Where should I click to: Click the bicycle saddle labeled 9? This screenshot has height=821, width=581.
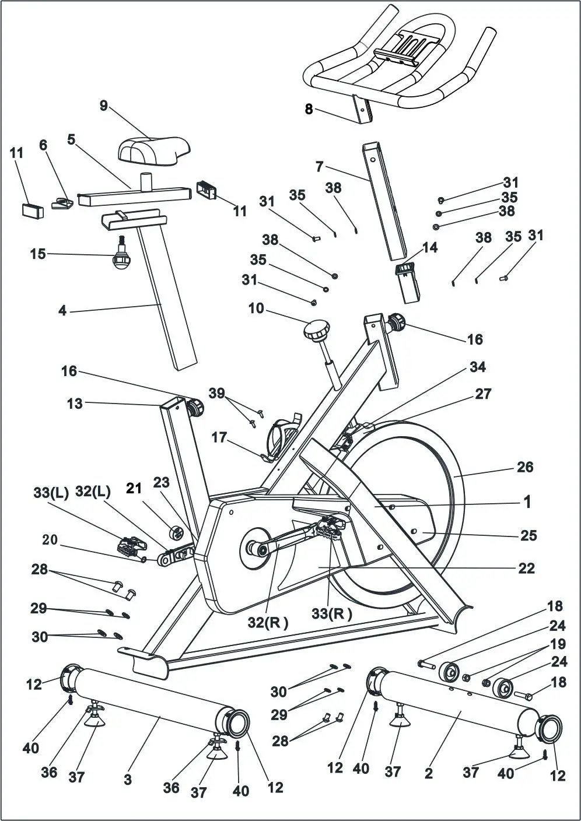(154, 150)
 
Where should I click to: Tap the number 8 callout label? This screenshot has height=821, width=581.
(309, 109)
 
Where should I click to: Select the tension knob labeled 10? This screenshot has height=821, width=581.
(316, 333)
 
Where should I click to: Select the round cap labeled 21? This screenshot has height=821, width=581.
(177, 532)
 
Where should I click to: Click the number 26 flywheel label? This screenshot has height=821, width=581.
(525, 467)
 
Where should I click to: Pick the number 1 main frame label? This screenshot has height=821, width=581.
(527, 501)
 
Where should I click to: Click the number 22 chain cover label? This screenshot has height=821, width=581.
(526, 568)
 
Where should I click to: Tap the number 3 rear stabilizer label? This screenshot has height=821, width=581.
(128, 779)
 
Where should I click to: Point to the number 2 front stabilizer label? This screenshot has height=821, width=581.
(429, 774)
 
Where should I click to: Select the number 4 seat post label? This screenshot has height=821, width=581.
(62, 311)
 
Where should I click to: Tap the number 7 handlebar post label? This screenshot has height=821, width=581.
(319, 167)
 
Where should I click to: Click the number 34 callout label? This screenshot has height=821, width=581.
(477, 367)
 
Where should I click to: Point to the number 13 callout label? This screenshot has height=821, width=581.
(75, 403)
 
